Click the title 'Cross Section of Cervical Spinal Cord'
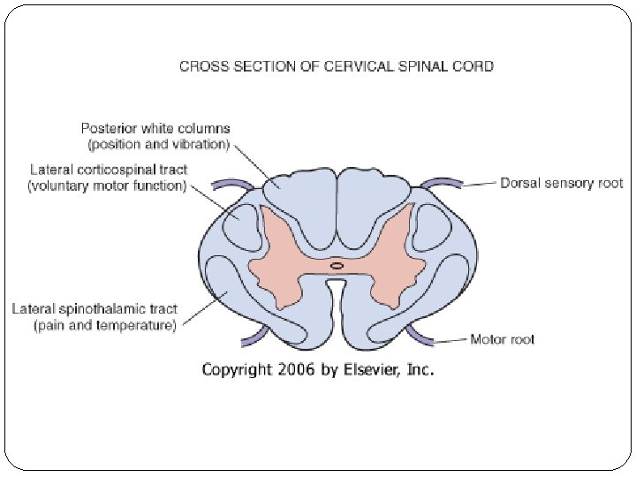click(336, 65)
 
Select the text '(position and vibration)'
click(159, 143)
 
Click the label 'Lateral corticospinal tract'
click(109, 169)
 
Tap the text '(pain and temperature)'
click(106, 326)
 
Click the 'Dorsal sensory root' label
click(561, 184)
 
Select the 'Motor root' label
click(502, 339)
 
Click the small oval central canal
click(337, 265)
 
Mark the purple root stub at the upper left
click(234, 184)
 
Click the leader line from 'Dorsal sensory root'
click(480, 185)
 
